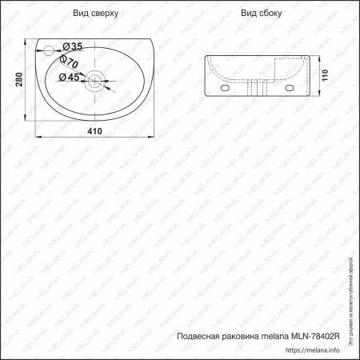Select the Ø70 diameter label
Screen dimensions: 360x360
click(68, 62)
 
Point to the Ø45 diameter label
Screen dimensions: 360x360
click(66, 78)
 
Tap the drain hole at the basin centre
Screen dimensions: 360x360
click(94, 79)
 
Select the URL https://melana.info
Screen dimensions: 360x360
click(315, 350)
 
